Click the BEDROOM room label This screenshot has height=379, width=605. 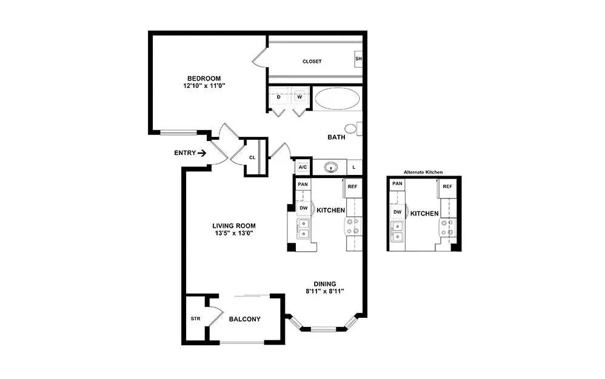(x=204, y=78)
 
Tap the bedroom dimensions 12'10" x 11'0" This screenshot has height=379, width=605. (x=204, y=86)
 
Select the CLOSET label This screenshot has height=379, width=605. (x=312, y=62)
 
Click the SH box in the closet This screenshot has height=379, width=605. (x=358, y=59)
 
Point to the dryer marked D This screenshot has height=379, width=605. (x=278, y=97)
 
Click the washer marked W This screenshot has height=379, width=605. (x=299, y=97)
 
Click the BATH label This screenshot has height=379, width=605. (x=336, y=137)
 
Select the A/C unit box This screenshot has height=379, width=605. (x=302, y=167)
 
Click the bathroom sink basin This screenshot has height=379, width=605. (x=331, y=167)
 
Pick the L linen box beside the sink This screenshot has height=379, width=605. (x=354, y=167)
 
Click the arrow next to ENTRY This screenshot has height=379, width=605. (x=202, y=153)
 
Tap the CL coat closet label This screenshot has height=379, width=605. (x=252, y=157)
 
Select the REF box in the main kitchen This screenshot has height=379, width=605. (x=353, y=187)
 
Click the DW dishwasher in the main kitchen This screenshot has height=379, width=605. (x=303, y=208)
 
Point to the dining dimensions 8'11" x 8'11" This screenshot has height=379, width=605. (x=324, y=291)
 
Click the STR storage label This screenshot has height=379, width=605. (x=195, y=318)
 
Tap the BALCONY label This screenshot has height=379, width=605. (x=244, y=319)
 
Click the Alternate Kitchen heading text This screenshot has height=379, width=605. (x=423, y=173)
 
